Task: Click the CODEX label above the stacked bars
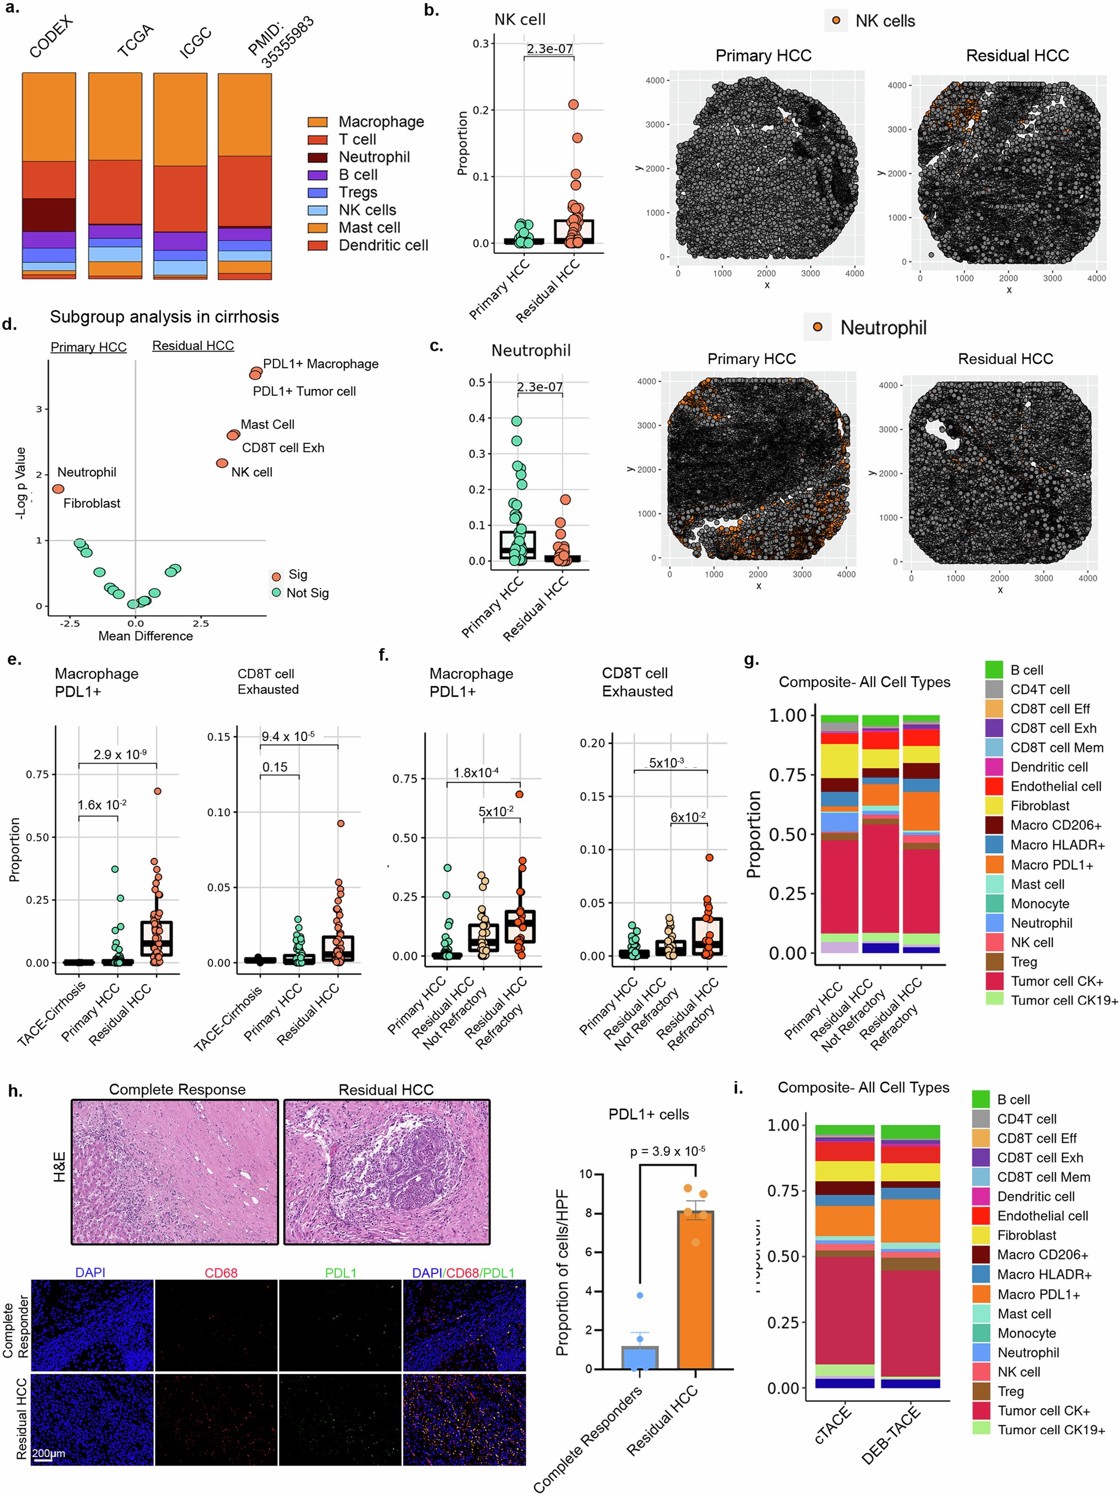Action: point(51,38)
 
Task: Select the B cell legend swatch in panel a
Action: point(317,175)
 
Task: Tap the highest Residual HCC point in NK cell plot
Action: point(573,104)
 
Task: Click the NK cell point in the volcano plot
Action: point(222,463)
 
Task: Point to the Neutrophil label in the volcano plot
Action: point(87,472)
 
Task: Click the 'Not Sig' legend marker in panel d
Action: point(276,593)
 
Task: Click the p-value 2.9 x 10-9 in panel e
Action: point(120,754)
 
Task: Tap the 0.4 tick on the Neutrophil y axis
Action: point(477,418)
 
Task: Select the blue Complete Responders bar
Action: point(639,1358)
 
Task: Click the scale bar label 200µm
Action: point(49,1453)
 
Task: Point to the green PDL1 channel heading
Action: point(341,1273)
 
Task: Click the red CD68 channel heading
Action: point(221,1273)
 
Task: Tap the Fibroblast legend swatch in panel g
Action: point(994,806)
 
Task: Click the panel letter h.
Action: point(15,1091)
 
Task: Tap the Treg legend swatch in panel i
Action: point(981,1391)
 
